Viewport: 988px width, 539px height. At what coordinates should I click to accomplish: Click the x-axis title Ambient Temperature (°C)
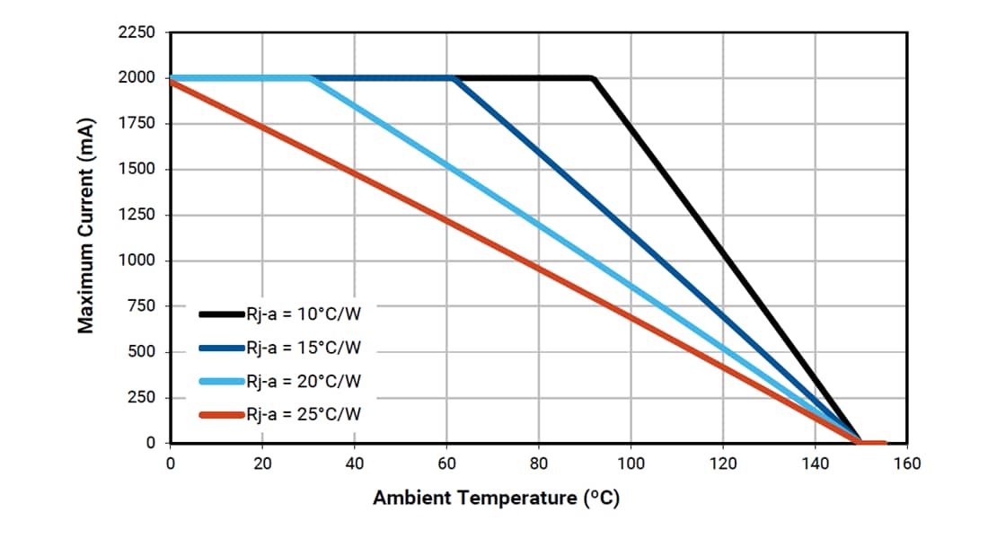(496, 498)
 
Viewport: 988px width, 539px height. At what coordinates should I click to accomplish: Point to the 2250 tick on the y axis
(137, 32)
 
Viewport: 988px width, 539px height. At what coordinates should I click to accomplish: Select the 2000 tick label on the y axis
(137, 78)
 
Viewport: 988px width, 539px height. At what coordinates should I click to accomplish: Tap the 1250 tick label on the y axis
(137, 215)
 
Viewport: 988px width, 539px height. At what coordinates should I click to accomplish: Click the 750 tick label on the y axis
(141, 306)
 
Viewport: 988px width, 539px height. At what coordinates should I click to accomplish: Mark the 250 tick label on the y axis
(141, 398)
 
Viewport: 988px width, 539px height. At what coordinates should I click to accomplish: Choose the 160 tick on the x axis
(907, 464)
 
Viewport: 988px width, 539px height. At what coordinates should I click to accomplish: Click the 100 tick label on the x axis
(631, 464)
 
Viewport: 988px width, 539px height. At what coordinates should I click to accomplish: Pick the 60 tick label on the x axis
(446, 464)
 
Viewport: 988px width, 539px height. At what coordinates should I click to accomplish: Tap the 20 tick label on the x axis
(262, 464)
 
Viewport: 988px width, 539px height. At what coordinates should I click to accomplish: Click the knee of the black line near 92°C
(594, 79)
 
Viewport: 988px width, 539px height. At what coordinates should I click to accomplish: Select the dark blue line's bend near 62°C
(455, 79)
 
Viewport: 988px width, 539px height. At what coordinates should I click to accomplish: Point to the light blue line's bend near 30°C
(311, 79)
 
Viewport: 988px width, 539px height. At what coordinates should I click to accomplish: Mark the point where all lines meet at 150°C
(860, 442)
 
